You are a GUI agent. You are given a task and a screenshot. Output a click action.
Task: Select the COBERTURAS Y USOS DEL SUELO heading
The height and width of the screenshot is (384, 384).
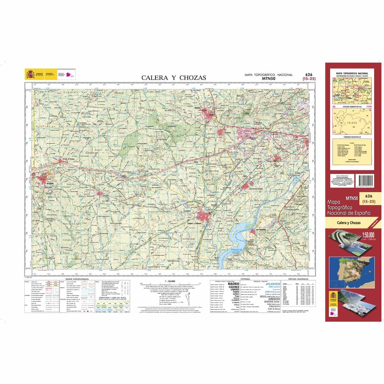(x=110, y=298)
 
